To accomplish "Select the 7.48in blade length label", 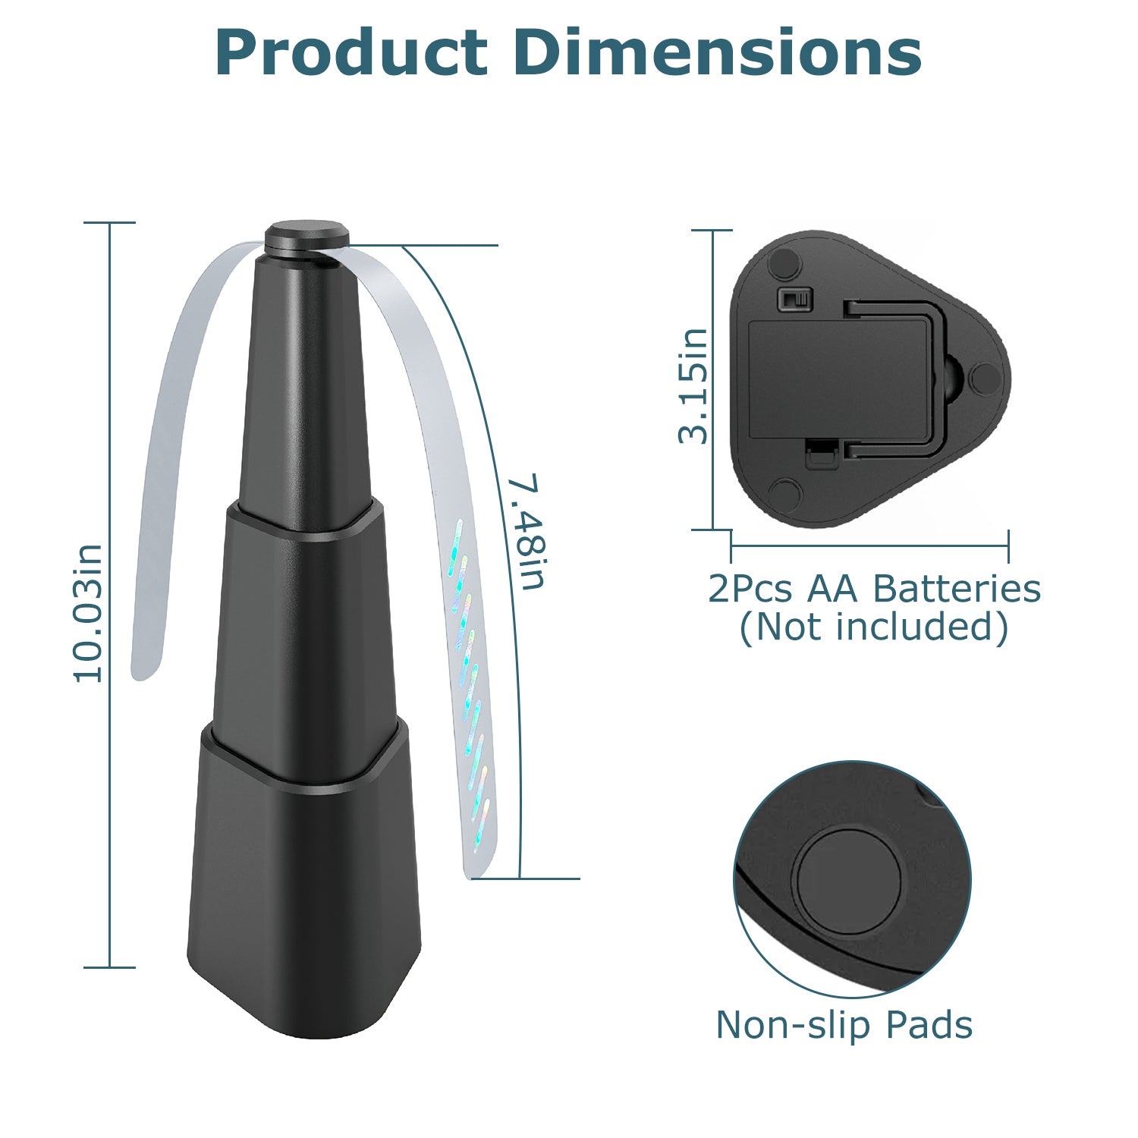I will (527, 532).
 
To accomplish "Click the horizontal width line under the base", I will (869, 545).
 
